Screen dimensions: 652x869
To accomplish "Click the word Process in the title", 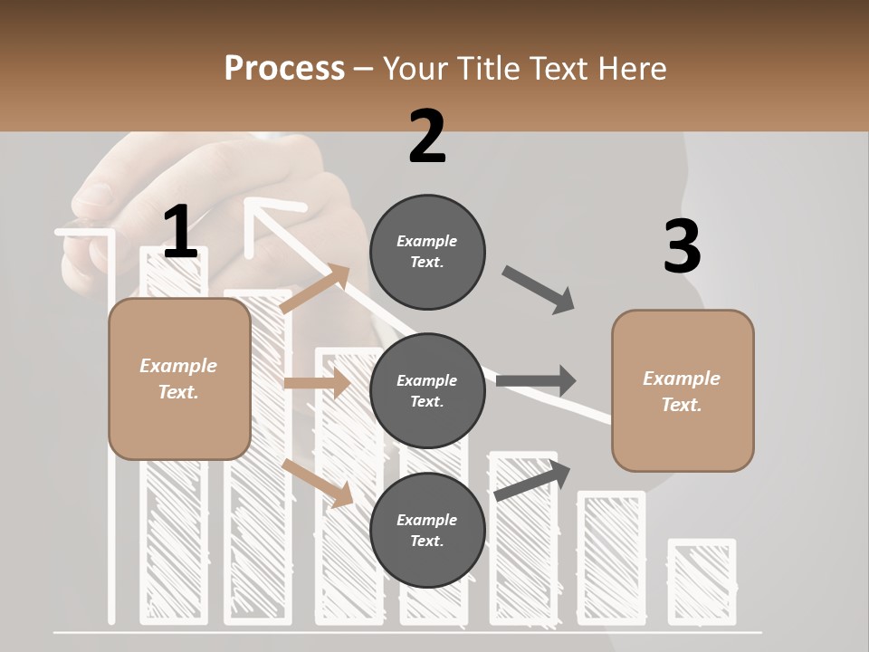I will click(284, 68).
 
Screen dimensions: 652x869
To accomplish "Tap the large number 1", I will click(180, 232).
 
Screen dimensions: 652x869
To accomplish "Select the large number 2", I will click(427, 137).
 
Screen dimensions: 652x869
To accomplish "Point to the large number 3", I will click(682, 247).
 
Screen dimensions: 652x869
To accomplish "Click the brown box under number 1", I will click(179, 379).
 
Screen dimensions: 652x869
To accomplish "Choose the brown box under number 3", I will click(683, 391).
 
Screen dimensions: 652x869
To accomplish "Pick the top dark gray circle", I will click(427, 252).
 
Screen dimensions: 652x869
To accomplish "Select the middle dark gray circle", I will click(427, 391).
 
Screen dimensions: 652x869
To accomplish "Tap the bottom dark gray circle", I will click(427, 531).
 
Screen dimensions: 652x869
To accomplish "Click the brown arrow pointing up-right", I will click(316, 289).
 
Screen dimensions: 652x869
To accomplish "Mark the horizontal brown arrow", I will click(317, 383).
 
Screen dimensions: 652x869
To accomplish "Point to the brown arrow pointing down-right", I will click(318, 483).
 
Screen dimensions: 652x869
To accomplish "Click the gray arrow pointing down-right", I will click(539, 290).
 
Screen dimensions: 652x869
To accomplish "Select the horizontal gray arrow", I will click(536, 381).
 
